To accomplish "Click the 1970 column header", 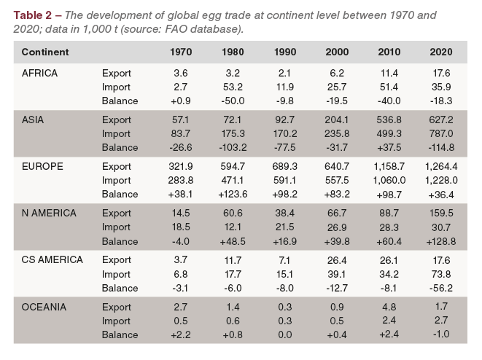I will point(181,52).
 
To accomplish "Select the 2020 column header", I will point(441,52).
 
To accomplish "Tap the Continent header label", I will point(45,52).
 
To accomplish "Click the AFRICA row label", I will point(39,74).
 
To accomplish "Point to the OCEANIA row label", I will point(44,307).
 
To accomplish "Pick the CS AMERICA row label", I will point(52,260).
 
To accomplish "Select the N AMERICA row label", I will point(48,214).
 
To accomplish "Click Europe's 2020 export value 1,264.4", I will point(441,167).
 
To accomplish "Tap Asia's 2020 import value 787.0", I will point(441,133).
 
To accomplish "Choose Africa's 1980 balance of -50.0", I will point(233,100).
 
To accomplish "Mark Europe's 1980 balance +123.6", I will point(233,194).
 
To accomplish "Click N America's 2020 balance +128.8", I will point(441,240).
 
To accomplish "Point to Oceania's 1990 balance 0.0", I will point(285,334).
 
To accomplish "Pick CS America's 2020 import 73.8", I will point(441,273).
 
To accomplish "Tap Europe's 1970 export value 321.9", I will point(181,167).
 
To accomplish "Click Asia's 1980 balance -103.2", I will point(233,146).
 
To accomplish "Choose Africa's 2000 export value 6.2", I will point(337,74).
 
